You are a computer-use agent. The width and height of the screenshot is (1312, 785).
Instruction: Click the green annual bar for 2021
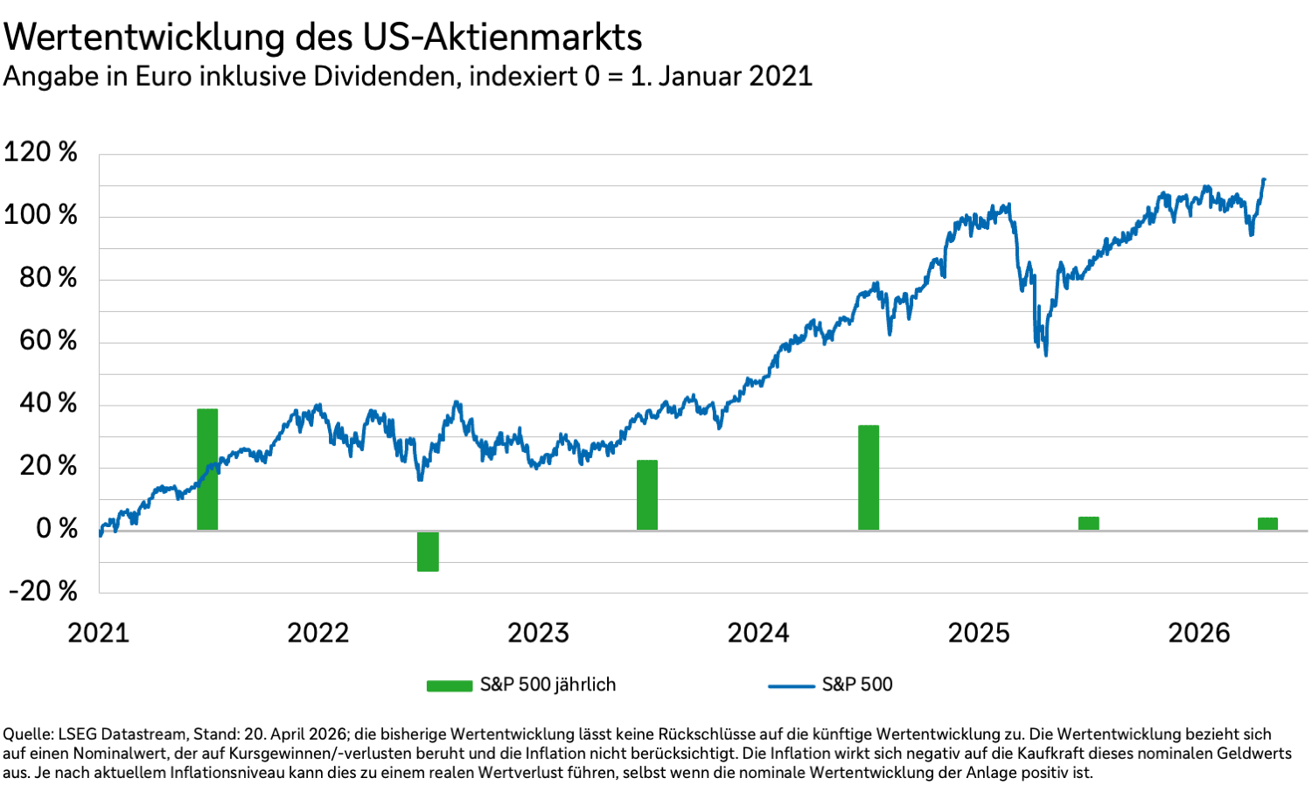207,469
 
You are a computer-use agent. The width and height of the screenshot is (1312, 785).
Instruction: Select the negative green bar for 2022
428,551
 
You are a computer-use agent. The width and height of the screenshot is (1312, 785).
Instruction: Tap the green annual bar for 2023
647,495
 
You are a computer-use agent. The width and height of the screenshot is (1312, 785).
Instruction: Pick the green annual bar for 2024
869,477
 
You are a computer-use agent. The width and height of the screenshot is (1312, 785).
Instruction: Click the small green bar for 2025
1088,523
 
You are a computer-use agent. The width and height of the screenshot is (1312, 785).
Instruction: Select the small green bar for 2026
1267,524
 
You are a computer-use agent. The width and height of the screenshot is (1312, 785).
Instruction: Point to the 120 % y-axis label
41,152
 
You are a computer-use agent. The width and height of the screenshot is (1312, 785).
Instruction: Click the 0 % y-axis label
56,529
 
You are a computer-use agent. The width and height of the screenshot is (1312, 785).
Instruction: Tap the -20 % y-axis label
44,591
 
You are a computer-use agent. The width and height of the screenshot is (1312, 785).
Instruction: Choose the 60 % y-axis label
48,340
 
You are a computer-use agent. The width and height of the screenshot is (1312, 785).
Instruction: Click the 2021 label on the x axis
98,633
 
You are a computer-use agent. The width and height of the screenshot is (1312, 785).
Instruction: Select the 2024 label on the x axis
758,633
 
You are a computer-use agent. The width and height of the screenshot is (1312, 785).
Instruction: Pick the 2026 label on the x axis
1199,633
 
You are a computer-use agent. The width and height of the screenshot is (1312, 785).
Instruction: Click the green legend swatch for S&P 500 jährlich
450,685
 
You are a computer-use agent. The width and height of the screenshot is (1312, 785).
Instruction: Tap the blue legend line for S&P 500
791,685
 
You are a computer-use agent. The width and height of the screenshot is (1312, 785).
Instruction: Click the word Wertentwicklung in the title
145,38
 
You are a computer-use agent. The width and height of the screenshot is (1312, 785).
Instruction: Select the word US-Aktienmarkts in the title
501,38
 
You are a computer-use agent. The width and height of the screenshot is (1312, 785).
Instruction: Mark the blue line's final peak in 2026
1263,180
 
